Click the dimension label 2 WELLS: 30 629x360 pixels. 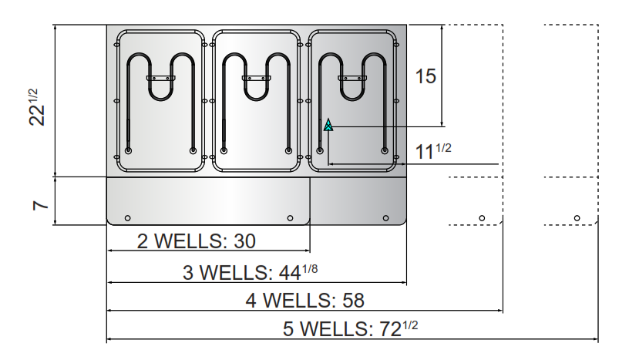[196, 241]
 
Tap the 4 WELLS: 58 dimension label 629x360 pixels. [304, 301]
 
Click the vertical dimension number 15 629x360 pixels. [425, 76]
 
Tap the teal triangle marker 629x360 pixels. [328, 125]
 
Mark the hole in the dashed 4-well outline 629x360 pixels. [481, 217]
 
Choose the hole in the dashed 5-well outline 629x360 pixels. [577, 217]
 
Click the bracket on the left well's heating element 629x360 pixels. [160, 78]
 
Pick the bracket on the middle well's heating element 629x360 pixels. [256, 78]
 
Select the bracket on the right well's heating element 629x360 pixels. [352, 78]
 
